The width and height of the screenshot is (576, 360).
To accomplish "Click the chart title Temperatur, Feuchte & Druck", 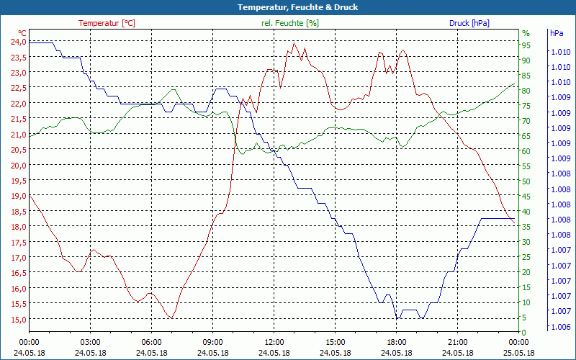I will pos(288,7).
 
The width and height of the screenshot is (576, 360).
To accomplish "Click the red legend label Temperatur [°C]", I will pos(107,23).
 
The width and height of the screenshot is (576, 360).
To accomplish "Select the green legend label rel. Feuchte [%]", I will pos(290,23).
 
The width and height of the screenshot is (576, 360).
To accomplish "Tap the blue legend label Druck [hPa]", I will pos(469,23).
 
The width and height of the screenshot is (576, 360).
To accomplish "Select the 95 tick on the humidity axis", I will pos(526,45).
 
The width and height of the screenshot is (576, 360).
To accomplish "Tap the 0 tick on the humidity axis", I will pos(524,332).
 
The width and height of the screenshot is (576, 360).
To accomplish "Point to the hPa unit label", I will pos(557,33).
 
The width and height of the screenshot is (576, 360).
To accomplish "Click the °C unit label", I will pos(22,33).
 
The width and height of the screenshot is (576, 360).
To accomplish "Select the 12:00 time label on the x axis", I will pos(274,342).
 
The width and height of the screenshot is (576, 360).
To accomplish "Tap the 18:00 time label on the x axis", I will pos(396,342).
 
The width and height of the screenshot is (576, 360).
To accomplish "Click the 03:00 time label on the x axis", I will pos(90,342).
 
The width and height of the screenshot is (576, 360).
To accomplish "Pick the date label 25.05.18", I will pos(518,353).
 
